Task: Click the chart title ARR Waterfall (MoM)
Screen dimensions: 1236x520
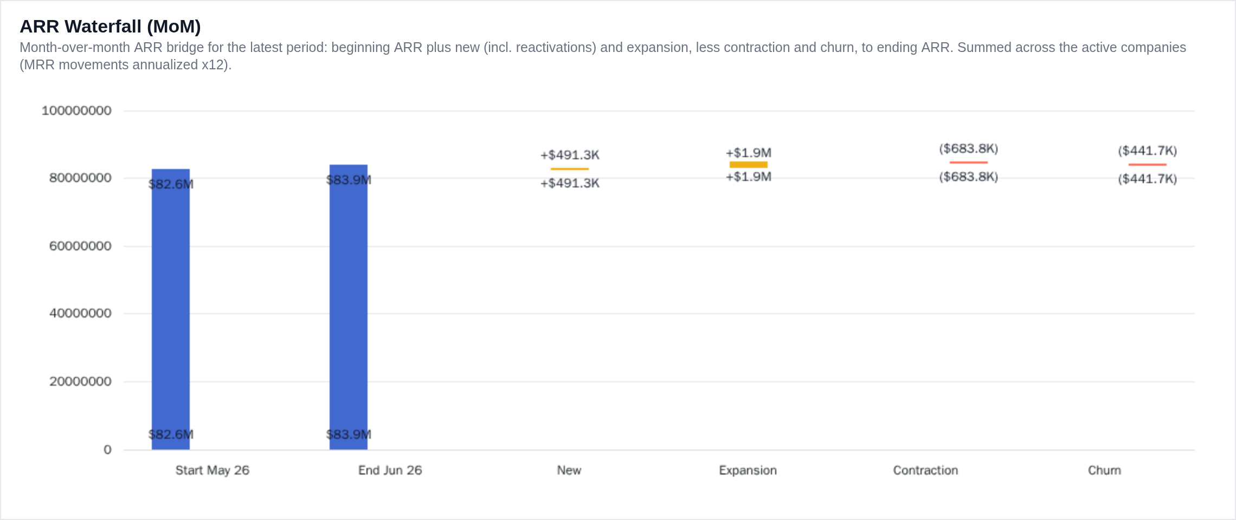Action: [110, 26]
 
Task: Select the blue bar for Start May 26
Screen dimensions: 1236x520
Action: [171, 309]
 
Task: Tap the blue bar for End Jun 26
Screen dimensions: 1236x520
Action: [349, 307]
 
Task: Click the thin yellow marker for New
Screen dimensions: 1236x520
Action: [570, 169]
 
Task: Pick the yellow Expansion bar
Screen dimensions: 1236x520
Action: [749, 165]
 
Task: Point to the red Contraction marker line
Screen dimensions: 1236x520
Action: [969, 162]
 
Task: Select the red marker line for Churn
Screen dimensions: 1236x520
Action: [1148, 165]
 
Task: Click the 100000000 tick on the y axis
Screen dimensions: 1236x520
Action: [76, 110]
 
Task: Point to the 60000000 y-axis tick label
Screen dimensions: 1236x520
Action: [80, 246]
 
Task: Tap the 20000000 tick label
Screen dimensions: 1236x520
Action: [80, 381]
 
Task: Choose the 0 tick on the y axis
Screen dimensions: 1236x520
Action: [107, 450]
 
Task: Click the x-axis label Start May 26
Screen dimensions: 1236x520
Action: [213, 470]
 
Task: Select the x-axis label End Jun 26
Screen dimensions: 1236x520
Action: [390, 470]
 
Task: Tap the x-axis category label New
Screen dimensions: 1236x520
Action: [569, 470]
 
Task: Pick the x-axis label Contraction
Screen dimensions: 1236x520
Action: [926, 470]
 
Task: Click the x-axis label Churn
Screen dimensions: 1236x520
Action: [1104, 470]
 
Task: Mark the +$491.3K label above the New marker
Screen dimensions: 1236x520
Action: [570, 155]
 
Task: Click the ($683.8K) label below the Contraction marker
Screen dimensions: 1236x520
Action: [969, 177]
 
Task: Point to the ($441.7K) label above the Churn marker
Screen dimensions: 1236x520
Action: [1148, 151]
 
